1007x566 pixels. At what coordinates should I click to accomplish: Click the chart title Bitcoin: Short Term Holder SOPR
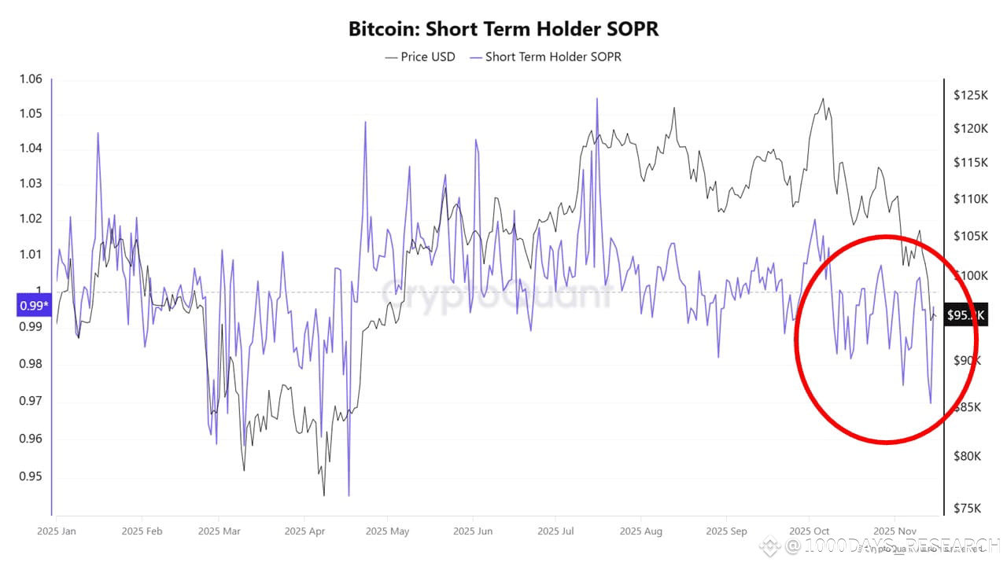pos(503,29)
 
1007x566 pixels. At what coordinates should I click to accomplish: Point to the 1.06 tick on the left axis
pos(31,79)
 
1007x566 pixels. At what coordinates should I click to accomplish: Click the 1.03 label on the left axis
pos(31,184)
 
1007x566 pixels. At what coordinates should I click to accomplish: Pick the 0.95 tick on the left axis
pos(31,477)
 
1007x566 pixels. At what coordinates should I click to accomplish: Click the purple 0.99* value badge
pos(33,306)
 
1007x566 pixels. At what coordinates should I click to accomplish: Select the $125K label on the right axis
pos(970,95)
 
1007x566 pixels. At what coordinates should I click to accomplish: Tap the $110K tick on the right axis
pos(970,199)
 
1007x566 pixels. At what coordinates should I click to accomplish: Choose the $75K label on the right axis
pos(970,508)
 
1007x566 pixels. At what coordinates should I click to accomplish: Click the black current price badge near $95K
pos(965,315)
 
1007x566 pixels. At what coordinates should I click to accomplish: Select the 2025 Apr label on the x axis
pos(306,531)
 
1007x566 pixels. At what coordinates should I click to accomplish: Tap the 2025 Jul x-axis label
pos(555,531)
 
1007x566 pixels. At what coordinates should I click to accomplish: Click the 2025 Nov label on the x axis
pos(895,531)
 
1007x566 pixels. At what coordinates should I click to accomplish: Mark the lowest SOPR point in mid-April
pos(349,495)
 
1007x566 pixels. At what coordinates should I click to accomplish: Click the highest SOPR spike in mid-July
pos(596,99)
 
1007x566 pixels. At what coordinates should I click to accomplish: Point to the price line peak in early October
pos(823,99)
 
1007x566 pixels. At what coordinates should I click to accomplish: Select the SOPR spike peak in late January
pos(98,133)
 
